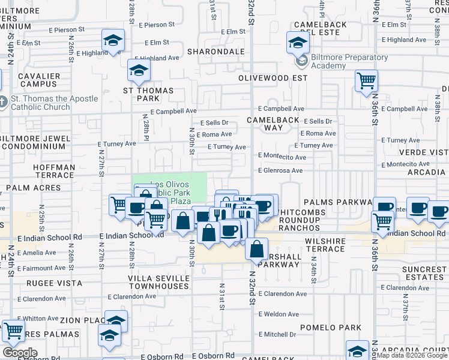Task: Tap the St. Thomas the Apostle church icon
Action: click(x=3, y=103)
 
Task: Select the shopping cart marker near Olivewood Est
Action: click(x=366, y=80)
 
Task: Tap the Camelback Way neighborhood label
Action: click(x=273, y=124)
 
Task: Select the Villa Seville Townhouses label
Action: click(x=158, y=282)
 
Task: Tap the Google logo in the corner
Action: click(x=19, y=353)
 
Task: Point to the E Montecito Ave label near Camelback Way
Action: click(x=282, y=156)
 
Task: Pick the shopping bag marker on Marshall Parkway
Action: click(x=256, y=248)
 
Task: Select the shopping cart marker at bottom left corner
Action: click(x=13, y=331)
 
